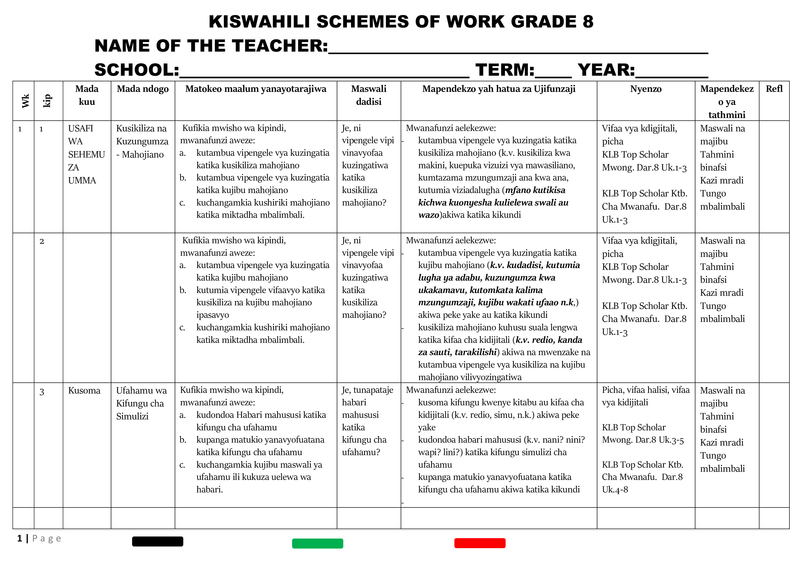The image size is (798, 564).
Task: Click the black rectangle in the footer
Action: coord(157,541)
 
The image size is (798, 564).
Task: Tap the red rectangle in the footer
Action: coord(480,543)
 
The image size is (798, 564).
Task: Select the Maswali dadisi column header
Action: coord(369,95)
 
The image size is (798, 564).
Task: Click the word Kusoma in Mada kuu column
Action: coord(84,391)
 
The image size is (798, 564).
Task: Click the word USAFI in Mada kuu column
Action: coord(81,128)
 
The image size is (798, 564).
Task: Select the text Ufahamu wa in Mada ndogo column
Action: coord(141,391)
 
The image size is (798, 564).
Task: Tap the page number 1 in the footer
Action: coord(20,539)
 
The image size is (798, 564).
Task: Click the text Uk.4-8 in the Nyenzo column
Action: coord(615,490)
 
